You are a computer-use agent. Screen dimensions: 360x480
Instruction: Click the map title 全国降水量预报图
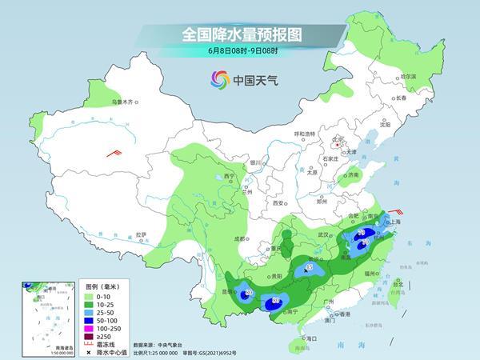point(240,34)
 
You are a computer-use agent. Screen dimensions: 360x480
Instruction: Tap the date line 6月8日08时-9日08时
point(240,50)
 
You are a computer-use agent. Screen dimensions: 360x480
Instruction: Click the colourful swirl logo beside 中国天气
point(220,79)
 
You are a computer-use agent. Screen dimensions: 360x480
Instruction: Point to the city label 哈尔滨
point(409,76)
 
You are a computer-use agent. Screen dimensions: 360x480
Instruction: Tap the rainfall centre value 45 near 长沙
point(310,267)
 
